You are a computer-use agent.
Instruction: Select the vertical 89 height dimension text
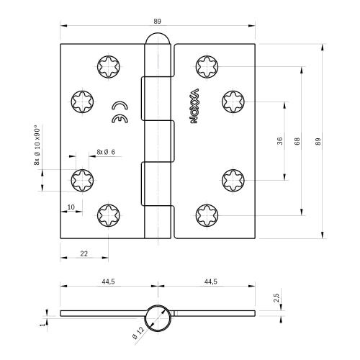[x=318, y=142]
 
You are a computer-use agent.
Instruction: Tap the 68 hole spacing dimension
[x=297, y=142]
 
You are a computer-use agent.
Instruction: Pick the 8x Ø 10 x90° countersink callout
[x=37, y=145]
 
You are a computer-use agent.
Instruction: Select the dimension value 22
[x=84, y=253]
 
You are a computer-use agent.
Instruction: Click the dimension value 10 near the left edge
[x=70, y=207]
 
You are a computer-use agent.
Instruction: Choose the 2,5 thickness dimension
[x=276, y=297]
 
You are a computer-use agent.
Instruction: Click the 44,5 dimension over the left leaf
[x=108, y=282]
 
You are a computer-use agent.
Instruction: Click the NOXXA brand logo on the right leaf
[x=194, y=106]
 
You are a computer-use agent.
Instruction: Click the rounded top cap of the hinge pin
[x=158, y=40]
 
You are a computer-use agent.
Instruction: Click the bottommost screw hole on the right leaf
[x=207, y=214]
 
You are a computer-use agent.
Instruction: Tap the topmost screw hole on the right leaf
[x=207, y=68]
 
